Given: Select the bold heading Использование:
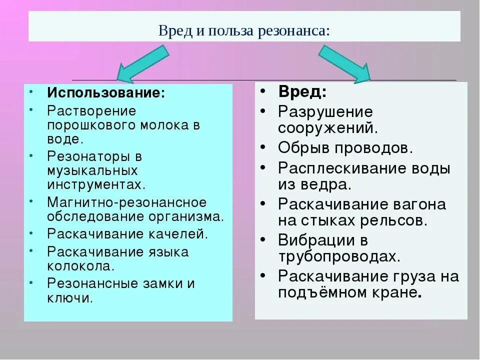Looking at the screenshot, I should tap(106, 93).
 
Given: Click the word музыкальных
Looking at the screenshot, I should tap(92, 170).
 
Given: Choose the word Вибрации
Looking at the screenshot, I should tap(316, 240).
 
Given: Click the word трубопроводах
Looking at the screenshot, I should tap(338, 256).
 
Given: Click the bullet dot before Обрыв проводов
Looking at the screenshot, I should tap(263, 147).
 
